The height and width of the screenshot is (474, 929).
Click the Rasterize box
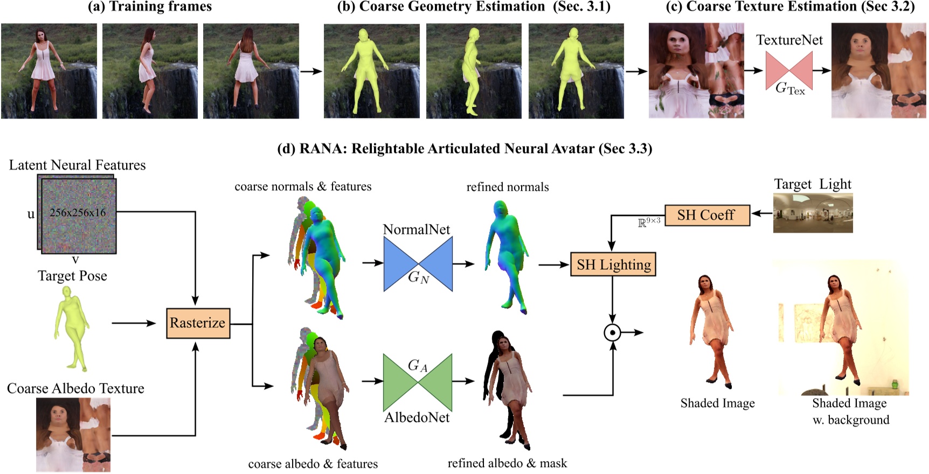(x=198, y=323)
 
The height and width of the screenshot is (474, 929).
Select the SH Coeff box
(x=706, y=215)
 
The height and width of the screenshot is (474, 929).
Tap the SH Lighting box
(x=613, y=264)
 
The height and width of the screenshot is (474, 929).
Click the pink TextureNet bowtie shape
(x=789, y=71)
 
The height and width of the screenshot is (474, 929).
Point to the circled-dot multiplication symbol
(x=612, y=333)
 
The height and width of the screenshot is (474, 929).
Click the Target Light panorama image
(x=813, y=213)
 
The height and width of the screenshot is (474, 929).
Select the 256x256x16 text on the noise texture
(x=78, y=213)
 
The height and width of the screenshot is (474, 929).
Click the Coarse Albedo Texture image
(x=73, y=435)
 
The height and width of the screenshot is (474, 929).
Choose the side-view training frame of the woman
(x=150, y=71)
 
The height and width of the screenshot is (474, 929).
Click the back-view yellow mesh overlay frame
(x=576, y=71)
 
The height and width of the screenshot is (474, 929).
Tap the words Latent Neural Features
(x=77, y=165)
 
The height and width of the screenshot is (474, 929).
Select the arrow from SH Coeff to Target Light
(x=761, y=214)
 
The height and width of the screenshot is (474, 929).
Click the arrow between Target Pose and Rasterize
(x=133, y=323)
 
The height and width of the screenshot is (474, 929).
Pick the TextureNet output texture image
(x=878, y=71)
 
